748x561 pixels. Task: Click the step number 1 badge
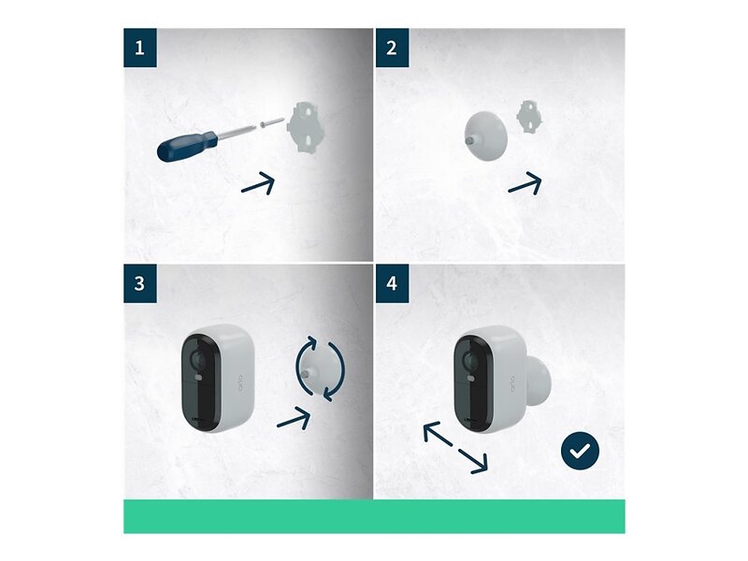(x=139, y=48)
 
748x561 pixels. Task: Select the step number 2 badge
(x=392, y=48)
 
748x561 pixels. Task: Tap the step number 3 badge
(x=139, y=283)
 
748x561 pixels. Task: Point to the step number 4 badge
(x=392, y=283)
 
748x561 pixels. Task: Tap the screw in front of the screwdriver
(x=272, y=122)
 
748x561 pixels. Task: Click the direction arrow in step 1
(x=259, y=184)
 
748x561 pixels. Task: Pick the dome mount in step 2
(x=485, y=136)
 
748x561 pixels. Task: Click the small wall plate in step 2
(x=529, y=116)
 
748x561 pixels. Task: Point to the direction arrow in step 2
(x=525, y=183)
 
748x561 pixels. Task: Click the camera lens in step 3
(x=198, y=359)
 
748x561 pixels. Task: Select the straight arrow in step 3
(x=295, y=418)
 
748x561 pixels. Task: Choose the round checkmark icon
(x=580, y=451)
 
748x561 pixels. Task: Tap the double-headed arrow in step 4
(x=455, y=448)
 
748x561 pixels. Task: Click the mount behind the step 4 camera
(x=539, y=380)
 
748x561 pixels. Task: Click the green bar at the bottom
(x=374, y=516)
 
